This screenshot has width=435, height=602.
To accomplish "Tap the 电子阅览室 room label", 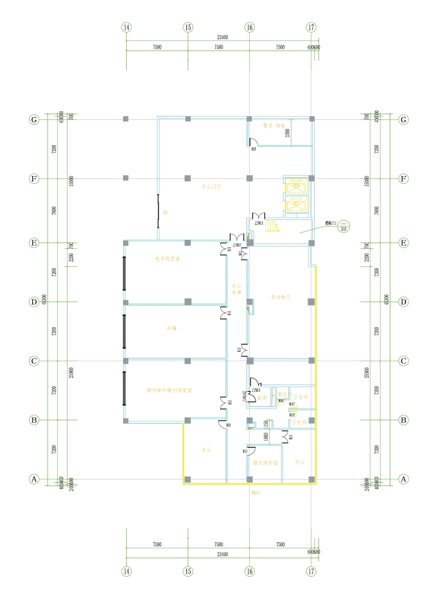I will tap(168, 259).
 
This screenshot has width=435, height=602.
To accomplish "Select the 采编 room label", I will tap(171, 328).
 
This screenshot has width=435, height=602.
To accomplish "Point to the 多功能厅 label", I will tap(281, 297).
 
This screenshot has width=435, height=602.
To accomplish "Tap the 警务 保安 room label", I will tap(273, 126).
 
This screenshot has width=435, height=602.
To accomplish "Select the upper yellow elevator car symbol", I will tap(296, 185).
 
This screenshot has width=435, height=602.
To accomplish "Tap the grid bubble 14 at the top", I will tap(126, 27).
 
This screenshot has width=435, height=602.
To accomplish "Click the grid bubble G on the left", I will tap(34, 119).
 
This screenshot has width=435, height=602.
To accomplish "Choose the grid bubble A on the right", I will tap(404, 480).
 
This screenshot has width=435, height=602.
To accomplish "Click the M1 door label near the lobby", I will tap(165, 212).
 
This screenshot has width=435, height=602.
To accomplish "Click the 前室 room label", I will tap(262, 398).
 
